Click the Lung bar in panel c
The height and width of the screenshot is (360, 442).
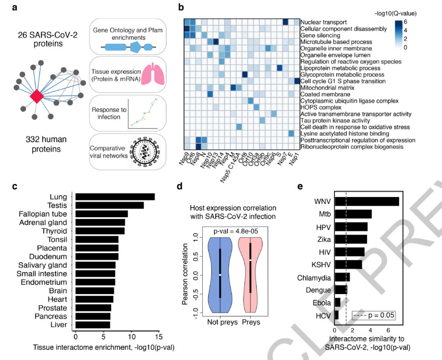(115, 197)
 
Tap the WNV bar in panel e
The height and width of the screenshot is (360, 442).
(367, 202)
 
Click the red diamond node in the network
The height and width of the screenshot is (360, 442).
(37, 96)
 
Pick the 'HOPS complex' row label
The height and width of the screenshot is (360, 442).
(316, 107)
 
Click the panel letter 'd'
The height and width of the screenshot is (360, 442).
(178, 187)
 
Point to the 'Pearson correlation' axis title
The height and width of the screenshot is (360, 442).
(185, 274)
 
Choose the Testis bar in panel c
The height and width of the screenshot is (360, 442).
(109, 205)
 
